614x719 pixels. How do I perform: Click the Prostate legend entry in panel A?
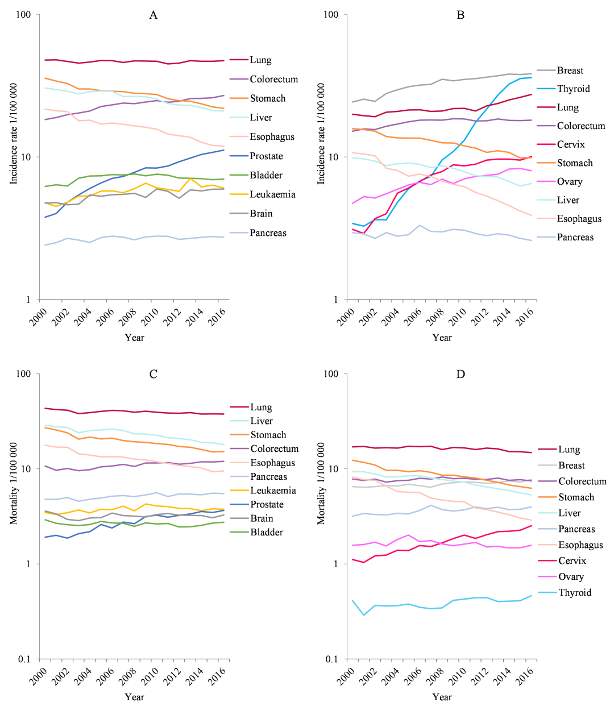[x=266, y=156]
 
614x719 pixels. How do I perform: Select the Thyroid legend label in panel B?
[x=573, y=89]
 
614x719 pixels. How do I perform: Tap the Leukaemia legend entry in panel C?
[x=273, y=491]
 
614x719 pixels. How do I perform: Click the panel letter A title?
[x=153, y=15]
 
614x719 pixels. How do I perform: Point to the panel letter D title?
[x=460, y=374]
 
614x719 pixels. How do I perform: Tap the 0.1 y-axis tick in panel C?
[x=24, y=659]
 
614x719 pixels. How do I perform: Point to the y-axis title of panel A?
[x=14, y=134]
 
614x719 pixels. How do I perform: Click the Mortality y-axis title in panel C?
[x=14, y=484]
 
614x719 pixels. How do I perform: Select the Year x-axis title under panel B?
[x=442, y=338]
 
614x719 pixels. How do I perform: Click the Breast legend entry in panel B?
[x=570, y=70]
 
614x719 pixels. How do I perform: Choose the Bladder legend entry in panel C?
[x=267, y=533]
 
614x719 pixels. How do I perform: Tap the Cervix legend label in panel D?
[x=571, y=561]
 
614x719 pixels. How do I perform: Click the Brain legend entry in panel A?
[x=261, y=214]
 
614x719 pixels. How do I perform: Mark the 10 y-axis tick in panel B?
[x=332, y=157]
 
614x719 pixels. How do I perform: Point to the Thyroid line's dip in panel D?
[x=364, y=615]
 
